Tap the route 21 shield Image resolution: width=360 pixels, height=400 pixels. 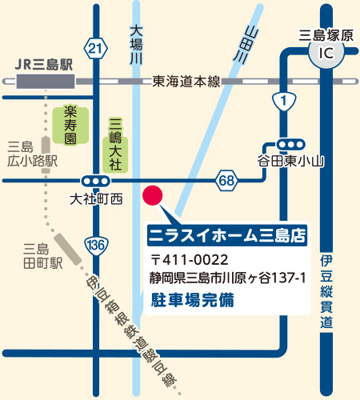coord(96,50)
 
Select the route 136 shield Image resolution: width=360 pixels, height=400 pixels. coord(96,243)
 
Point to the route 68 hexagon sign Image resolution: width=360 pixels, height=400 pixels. coord(226,181)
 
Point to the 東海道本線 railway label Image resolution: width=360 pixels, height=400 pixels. coord(185,81)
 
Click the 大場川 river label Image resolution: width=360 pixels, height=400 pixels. coord(135,44)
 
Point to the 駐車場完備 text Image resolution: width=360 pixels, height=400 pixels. coord(195,300)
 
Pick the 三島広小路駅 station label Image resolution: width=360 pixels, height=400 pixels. coord(32,153)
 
